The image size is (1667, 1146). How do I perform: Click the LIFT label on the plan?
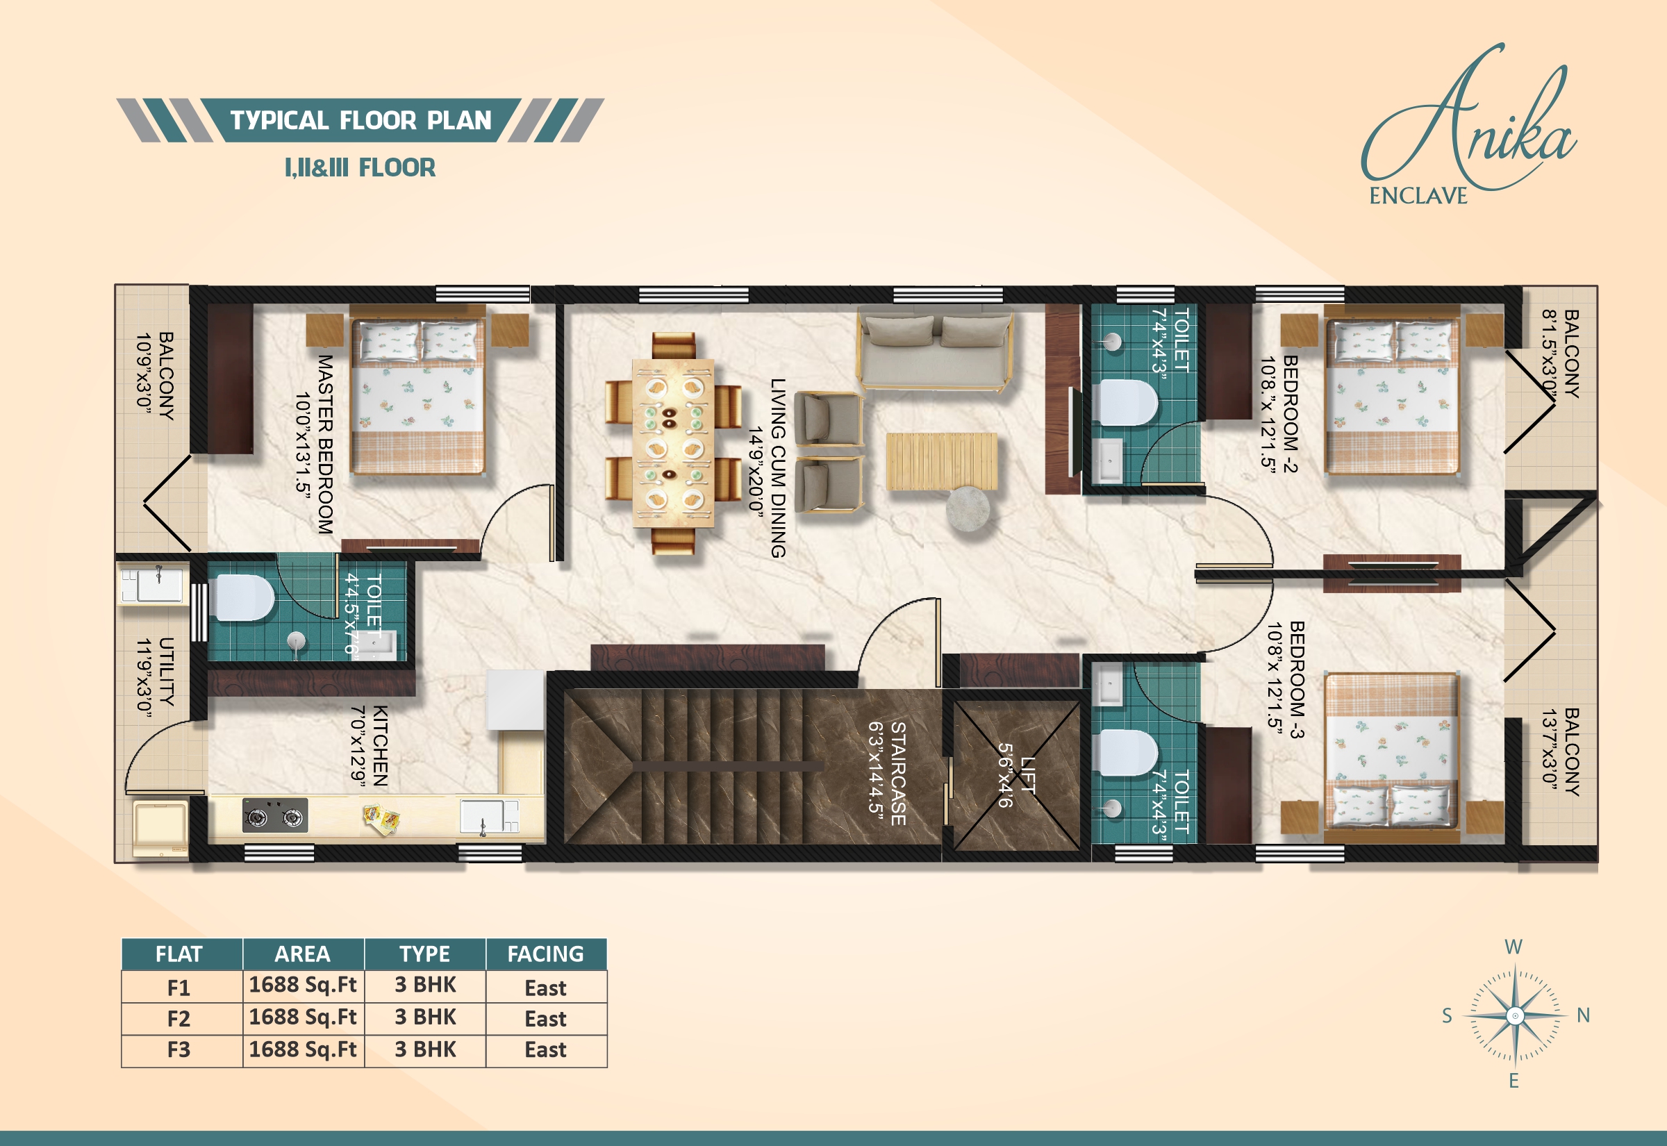point(1028,776)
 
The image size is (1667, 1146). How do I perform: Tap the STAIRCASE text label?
point(898,773)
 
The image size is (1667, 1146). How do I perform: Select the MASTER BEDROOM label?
point(325,445)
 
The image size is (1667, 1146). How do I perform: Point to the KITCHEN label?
point(381,746)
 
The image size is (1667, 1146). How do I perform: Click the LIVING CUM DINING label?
point(777,468)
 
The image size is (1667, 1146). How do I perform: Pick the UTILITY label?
point(166,672)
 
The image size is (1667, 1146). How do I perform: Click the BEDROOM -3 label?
point(1297,680)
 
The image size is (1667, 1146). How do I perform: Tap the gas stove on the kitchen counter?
point(275,815)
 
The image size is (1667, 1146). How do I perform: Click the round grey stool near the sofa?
point(968,509)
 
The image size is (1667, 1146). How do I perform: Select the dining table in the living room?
point(672,443)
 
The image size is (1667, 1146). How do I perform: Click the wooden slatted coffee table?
point(941,462)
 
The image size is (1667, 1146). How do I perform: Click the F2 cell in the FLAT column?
point(179,1019)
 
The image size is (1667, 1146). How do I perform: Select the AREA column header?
point(302,954)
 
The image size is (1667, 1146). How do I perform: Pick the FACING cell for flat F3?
point(546,1049)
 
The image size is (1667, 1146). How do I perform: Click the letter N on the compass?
point(1583,1015)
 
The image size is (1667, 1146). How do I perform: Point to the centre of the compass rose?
point(1515,1015)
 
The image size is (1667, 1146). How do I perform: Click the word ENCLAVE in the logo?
point(1418,196)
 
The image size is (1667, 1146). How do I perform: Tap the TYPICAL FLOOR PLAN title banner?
point(360,120)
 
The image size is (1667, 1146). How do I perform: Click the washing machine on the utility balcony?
point(160,829)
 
